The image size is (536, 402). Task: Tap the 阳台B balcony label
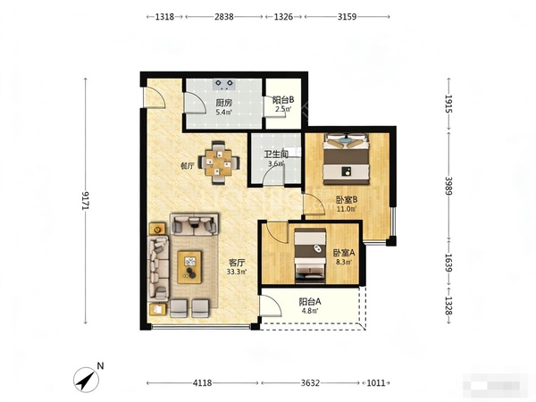pyautogui.click(x=283, y=100)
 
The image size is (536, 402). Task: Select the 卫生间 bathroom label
pyautogui.click(x=276, y=155)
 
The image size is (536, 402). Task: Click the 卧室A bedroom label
pyautogui.click(x=344, y=253)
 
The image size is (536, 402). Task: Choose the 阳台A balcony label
pyautogui.click(x=310, y=302)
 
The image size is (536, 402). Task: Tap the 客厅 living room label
pyautogui.click(x=237, y=263)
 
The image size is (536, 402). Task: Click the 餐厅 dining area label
pyautogui.click(x=188, y=166)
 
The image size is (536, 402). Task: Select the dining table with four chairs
pyautogui.click(x=219, y=163)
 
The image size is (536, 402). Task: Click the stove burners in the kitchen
pyautogui.click(x=224, y=84)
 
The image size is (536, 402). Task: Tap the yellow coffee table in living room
pyautogui.click(x=189, y=267)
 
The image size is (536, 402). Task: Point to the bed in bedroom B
pyautogui.click(x=347, y=159)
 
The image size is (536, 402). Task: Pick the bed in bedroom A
pyautogui.click(x=310, y=256)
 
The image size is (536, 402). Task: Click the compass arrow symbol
pyautogui.click(x=86, y=380)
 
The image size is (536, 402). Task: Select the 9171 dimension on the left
pyautogui.click(x=86, y=201)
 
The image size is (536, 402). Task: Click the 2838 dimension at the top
pyautogui.click(x=224, y=17)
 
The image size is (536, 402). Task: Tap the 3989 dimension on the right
pyautogui.click(x=448, y=186)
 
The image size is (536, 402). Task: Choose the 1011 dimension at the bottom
pyautogui.click(x=376, y=383)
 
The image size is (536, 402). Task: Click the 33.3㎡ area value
pyautogui.click(x=237, y=272)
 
